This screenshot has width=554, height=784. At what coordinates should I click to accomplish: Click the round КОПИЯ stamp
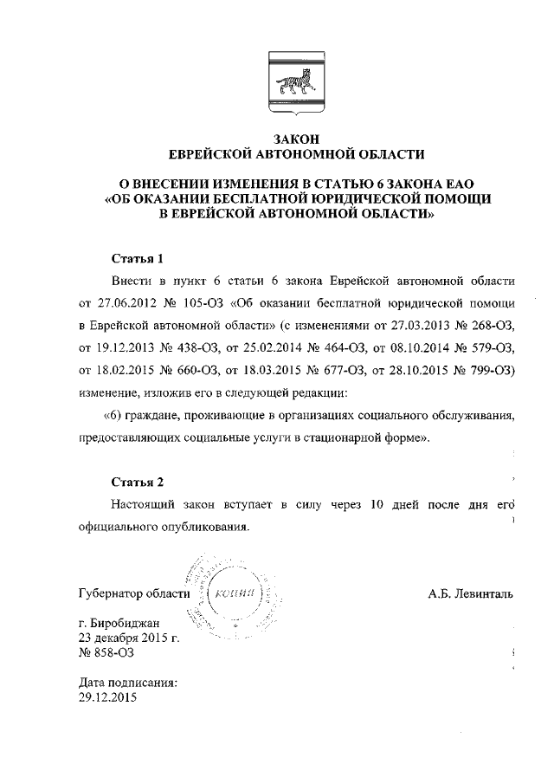point(235,594)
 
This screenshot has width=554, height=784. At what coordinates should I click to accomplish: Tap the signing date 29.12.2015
point(108,697)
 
